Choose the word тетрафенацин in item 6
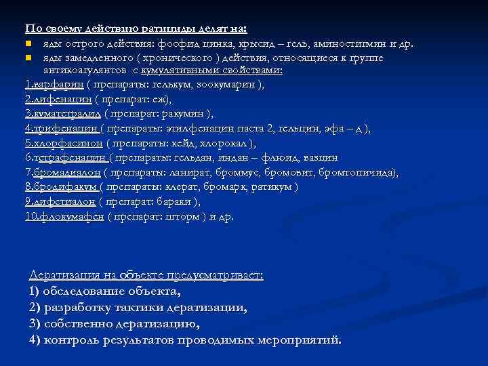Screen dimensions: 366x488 tap(72, 158)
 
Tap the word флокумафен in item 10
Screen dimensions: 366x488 tap(70, 217)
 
